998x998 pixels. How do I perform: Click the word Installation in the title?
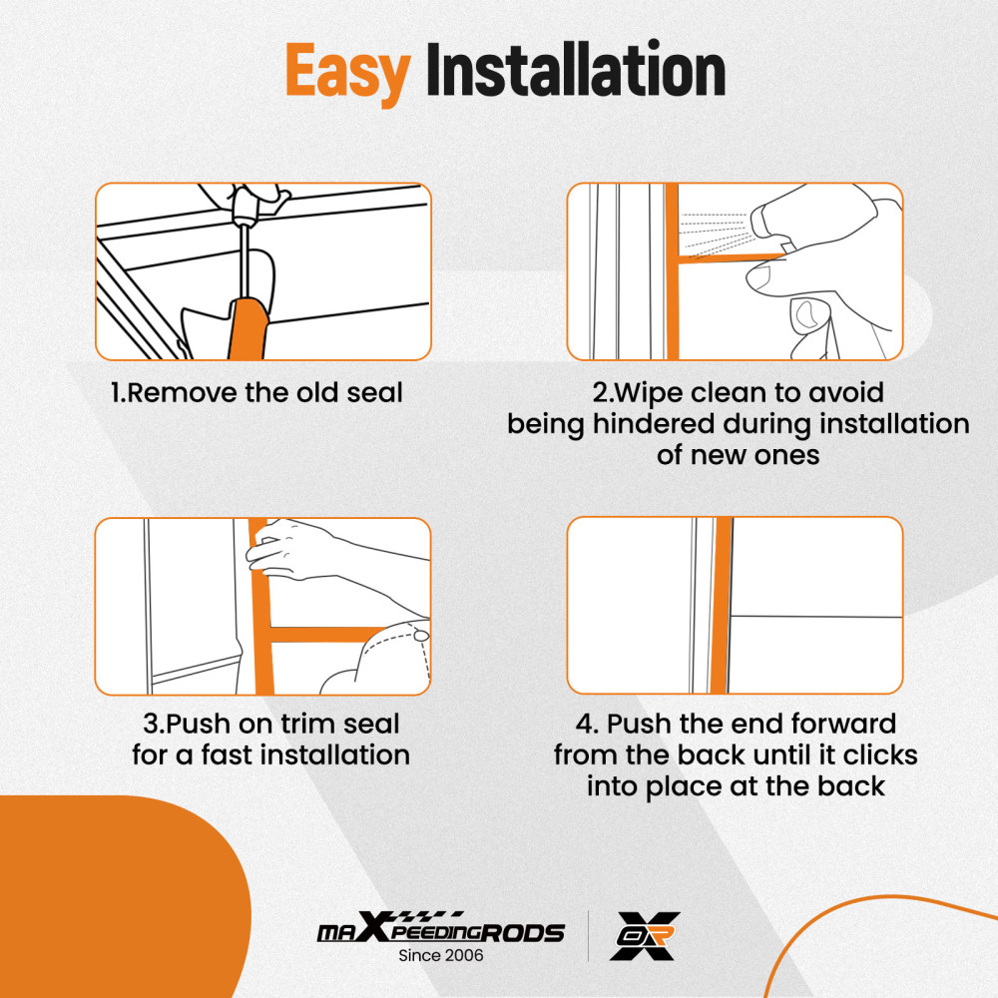[576, 69]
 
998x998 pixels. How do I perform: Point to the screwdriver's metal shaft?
[244, 259]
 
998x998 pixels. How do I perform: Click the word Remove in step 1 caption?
[182, 392]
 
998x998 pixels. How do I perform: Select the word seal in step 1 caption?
[375, 392]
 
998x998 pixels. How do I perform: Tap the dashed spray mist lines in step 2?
[716, 235]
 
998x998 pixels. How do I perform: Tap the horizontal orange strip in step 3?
[326, 634]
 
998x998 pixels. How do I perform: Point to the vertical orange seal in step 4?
[722, 606]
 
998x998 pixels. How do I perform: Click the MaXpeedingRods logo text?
[440, 928]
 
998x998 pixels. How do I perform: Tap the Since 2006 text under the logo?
[440, 955]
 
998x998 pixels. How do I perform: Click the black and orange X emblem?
[644, 936]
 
